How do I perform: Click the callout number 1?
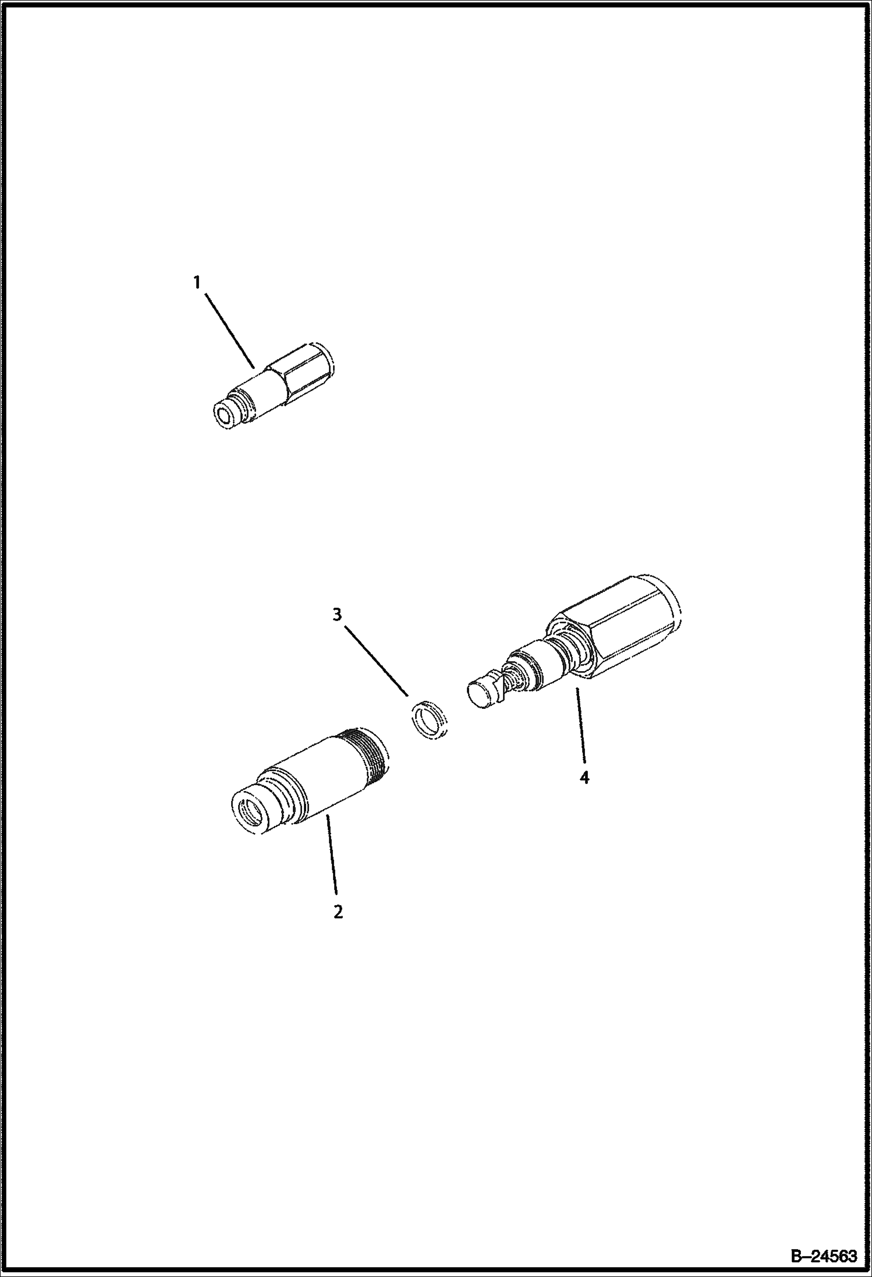(197, 283)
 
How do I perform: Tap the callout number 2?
(338, 911)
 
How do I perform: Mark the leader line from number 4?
(580, 725)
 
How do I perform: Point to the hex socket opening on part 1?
(224, 414)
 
